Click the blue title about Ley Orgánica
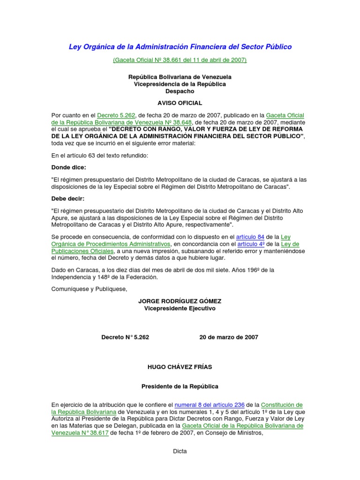[180, 47]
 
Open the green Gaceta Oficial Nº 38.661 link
[180, 60]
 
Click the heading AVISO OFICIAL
[180, 102]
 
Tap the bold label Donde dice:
[68, 167]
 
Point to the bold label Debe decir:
[68, 198]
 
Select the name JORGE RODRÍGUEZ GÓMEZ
[180, 301]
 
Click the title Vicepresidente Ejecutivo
[180, 308]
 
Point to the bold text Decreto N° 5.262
[125, 337]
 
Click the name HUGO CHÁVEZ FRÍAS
[180, 367]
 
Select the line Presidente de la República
[180, 387]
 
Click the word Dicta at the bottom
[180, 451]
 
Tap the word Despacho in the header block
[180, 91]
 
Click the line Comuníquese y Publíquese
[89, 289]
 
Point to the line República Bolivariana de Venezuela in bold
[180, 77]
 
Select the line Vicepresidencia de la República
[180, 84]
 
